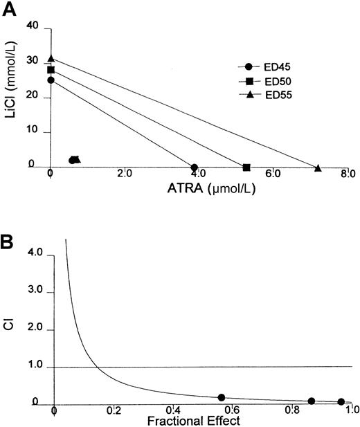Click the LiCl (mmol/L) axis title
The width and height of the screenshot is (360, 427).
point(12,96)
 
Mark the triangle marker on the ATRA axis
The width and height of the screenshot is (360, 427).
point(318,167)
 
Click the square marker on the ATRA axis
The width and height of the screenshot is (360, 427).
point(246,167)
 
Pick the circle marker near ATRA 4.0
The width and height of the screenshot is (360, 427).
point(194,167)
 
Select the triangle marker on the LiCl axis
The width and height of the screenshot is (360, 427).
point(51,59)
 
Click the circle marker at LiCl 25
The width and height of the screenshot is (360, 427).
point(51,80)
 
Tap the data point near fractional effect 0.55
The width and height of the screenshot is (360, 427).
point(222,397)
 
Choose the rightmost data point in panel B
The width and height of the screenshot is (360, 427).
point(341,401)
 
